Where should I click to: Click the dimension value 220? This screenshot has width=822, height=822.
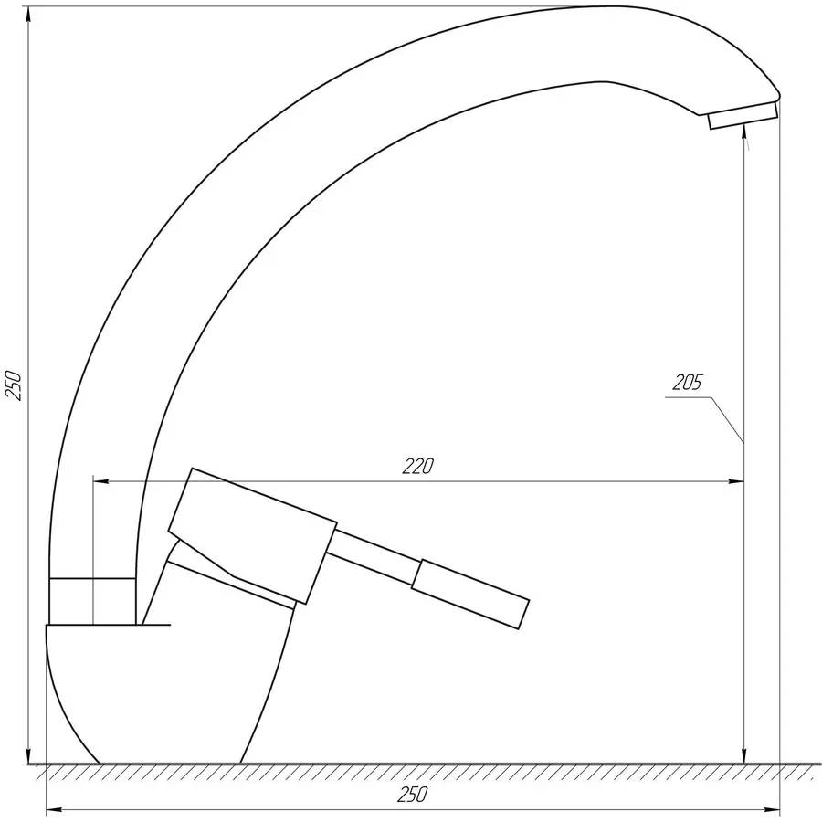click(x=416, y=466)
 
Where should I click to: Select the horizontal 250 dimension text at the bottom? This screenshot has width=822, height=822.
click(x=412, y=796)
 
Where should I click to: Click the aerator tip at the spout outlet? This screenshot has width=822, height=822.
click(x=742, y=116)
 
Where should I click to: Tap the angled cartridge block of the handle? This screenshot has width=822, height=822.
click(x=251, y=535)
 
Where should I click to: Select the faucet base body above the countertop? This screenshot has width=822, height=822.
click(x=164, y=694)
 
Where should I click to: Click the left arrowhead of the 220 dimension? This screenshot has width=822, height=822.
click(x=101, y=480)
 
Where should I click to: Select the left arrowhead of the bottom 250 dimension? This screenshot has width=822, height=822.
click(x=53, y=809)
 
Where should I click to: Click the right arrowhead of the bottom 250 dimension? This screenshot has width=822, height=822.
click(x=774, y=809)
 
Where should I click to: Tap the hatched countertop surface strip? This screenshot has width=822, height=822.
click(x=411, y=773)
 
